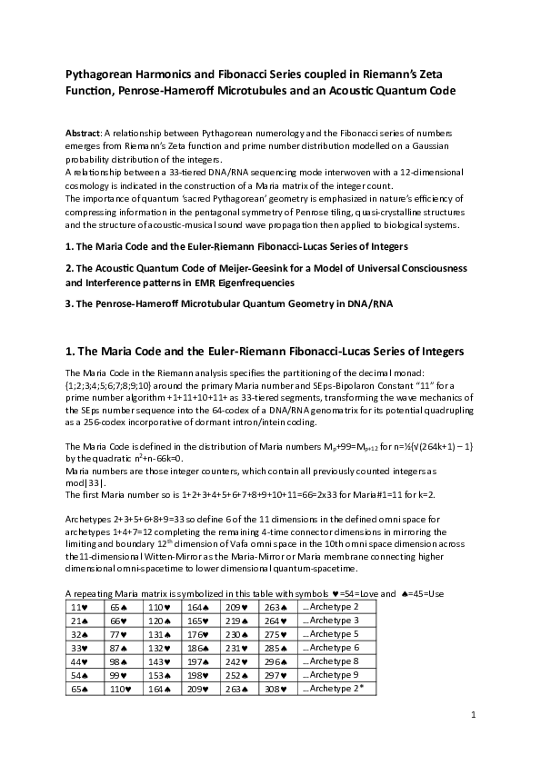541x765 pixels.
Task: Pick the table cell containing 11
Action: tap(80, 606)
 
